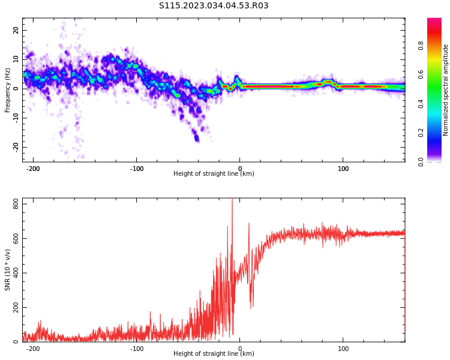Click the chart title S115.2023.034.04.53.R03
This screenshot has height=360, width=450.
pos(214,6)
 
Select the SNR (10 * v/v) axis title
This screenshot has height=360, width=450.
pos(8,270)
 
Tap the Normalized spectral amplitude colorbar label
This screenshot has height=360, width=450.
pos(446,90)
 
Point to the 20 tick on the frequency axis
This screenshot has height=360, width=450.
pos(16,30)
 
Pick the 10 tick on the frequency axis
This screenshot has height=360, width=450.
pos(16,59)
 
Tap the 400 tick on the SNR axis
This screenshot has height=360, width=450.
pos(13,273)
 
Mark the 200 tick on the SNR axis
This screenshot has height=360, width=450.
pos(13,308)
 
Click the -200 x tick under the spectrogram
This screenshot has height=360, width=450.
pos(33,169)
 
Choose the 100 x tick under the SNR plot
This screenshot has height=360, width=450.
pos(343,349)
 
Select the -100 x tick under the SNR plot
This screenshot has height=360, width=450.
pos(136,349)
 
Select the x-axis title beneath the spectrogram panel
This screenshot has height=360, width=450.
pos(214,174)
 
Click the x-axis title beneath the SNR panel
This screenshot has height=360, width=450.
pos(214,354)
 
